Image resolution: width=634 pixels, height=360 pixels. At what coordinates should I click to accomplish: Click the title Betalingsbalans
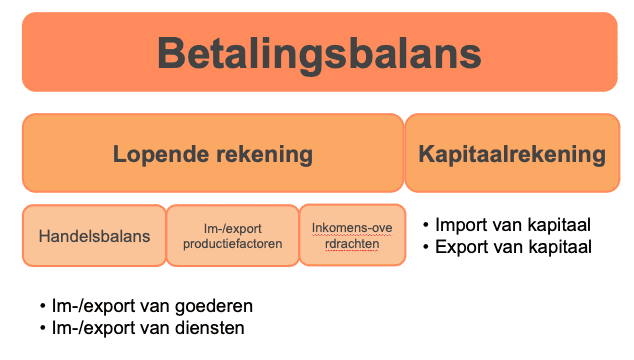click(x=318, y=52)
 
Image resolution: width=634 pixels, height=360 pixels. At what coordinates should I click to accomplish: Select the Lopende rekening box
click(x=212, y=154)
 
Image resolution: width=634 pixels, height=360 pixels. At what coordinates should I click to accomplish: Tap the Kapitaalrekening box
click(x=511, y=154)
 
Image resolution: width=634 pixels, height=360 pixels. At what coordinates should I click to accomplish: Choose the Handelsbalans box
click(x=94, y=236)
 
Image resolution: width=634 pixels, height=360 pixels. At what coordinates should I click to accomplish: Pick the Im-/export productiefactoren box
click(x=231, y=236)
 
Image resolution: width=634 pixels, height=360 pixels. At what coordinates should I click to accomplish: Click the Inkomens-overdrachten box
click(x=352, y=235)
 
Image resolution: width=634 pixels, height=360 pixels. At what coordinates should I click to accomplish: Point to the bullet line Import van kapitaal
click(x=513, y=226)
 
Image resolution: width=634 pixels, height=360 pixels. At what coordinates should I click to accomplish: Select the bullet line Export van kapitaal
click(x=513, y=247)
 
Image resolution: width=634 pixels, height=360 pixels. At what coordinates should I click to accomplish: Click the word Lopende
click(x=156, y=154)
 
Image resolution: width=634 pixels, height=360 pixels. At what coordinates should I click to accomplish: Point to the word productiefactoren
click(x=231, y=243)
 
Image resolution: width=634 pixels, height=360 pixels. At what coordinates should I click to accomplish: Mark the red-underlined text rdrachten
click(x=352, y=243)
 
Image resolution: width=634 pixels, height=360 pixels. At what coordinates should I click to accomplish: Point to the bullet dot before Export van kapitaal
click(x=428, y=248)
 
